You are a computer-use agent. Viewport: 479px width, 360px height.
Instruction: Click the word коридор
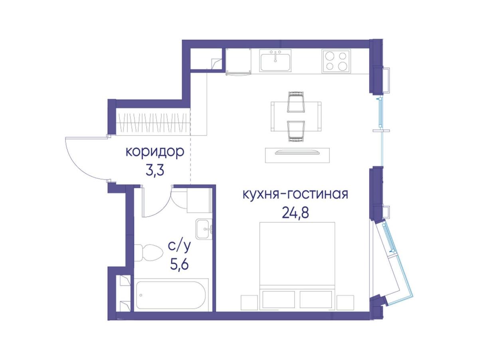(155, 152)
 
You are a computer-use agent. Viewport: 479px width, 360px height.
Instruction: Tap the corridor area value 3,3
(155, 171)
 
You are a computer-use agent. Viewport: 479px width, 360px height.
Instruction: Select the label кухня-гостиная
(295, 194)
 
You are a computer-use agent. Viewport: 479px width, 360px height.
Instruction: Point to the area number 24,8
(295, 213)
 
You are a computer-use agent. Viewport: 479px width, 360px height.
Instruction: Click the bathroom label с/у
(179, 247)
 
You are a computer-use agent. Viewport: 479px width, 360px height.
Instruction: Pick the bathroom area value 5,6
(179, 265)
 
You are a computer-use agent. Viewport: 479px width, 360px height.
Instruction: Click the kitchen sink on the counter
(275, 60)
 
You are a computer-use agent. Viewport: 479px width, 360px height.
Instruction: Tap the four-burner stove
(336, 61)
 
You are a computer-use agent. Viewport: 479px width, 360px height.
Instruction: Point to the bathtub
(171, 295)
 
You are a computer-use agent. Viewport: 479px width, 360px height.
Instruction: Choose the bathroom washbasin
(204, 229)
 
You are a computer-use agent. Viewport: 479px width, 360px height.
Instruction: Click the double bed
(297, 266)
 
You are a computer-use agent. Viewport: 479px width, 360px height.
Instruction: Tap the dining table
(296, 116)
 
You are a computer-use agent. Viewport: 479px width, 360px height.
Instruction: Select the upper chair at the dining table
(296, 102)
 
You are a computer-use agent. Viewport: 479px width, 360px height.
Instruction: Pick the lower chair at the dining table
(296, 132)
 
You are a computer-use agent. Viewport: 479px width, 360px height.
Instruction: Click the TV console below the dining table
(297, 155)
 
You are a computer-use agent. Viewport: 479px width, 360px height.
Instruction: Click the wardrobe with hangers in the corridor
(153, 123)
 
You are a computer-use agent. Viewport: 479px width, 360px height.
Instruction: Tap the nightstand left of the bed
(249, 303)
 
